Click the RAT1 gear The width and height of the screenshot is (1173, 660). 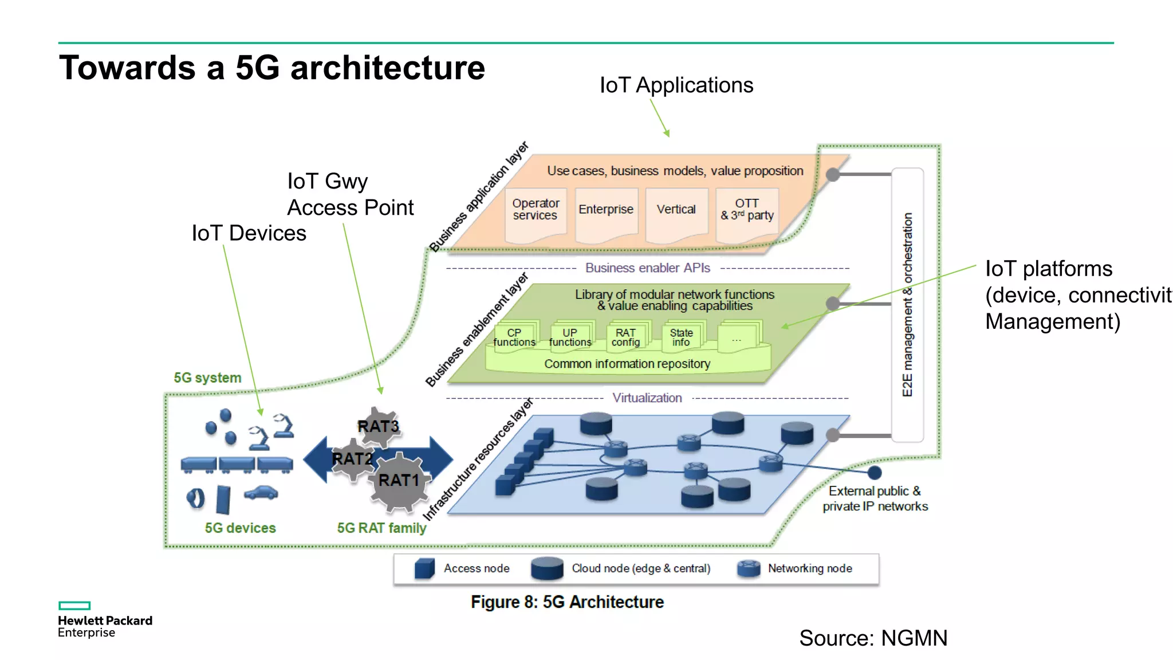[x=399, y=481]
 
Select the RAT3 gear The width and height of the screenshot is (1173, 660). [x=377, y=427]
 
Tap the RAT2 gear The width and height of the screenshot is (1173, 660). [x=352, y=459]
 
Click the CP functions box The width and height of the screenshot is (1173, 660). [x=514, y=337]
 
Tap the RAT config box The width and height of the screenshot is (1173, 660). [x=625, y=337]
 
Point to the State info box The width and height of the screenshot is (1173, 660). [x=681, y=337]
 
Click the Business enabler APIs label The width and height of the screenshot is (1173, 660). [x=647, y=268]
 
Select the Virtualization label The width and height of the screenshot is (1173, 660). [x=647, y=398]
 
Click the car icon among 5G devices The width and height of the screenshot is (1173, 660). [x=261, y=493]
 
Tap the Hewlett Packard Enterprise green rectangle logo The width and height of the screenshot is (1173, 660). [x=74, y=606]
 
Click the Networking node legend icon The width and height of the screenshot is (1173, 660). [x=749, y=568]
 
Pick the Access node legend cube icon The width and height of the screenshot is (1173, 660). [x=424, y=568]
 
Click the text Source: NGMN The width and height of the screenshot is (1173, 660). [x=873, y=638]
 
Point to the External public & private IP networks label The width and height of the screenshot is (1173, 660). [x=875, y=499]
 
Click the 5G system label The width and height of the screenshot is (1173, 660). [x=207, y=378]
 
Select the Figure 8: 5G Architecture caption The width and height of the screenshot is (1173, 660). [x=567, y=602]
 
